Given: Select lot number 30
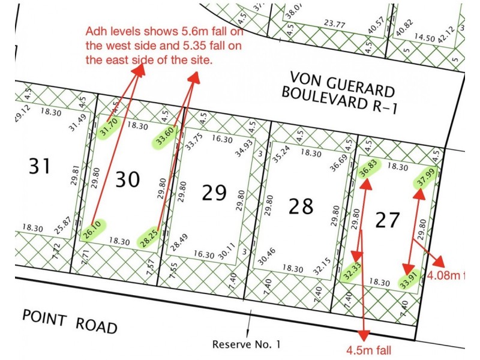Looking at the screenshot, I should (127, 179).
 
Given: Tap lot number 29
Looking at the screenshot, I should (214, 193).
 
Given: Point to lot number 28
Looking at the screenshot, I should (301, 206).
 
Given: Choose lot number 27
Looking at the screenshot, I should (387, 220).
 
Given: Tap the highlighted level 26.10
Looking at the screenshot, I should (94, 229).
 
